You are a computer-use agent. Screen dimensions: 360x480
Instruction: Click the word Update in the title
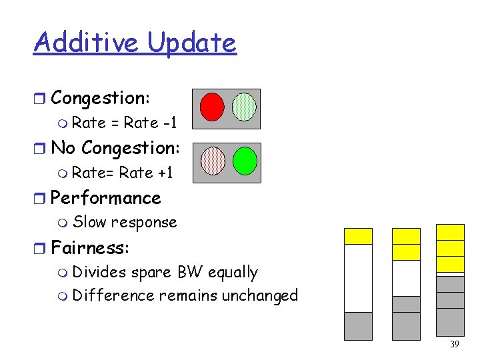(192, 43)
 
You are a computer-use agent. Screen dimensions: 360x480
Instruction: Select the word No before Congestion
(63, 148)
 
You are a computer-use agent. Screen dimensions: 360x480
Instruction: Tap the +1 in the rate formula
(165, 173)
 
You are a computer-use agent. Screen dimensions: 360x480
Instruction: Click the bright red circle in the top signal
(212, 106)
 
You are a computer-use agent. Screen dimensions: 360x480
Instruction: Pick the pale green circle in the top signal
(245, 106)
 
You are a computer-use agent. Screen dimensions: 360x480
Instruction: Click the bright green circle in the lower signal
(245, 161)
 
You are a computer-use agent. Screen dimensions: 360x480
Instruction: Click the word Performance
(105, 198)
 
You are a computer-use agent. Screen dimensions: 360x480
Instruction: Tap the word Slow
(89, 222)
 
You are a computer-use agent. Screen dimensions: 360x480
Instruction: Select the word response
(144, 223)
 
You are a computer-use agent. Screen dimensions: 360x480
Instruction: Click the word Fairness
(89, 248)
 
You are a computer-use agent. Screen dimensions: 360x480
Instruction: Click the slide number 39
(455, 345)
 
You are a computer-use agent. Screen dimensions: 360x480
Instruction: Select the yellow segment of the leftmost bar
(358, 236)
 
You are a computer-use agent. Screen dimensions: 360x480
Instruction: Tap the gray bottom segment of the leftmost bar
(358, 326)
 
